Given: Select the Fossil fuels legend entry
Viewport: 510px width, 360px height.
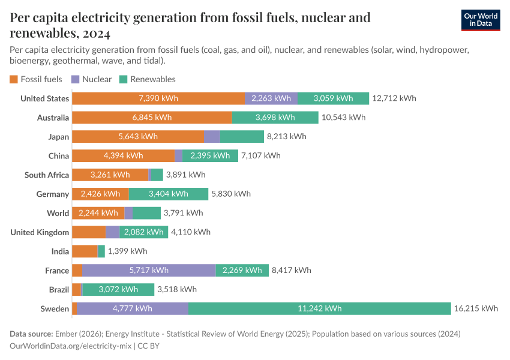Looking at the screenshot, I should (x=36, y=79).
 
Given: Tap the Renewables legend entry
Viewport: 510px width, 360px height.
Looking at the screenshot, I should (x=148, y=79).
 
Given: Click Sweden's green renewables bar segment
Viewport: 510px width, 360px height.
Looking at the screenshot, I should (x=319, y=308).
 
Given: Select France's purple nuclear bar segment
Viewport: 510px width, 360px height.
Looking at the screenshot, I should (x=149, y=271).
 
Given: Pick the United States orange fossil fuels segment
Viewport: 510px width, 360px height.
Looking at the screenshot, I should (x=158, y=98).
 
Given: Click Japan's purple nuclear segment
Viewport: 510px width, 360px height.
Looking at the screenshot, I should (x=212, y=137).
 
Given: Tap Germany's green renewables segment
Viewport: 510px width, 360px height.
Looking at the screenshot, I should (x=168, y=194).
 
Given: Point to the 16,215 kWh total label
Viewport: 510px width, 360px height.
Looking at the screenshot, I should (x=476, y=308).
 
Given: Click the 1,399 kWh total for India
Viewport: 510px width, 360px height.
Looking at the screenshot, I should (x=127, y=251).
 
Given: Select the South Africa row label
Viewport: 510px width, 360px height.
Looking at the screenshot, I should (x=47, y=175).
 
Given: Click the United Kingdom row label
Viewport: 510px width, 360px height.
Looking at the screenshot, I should (x=40, y=232).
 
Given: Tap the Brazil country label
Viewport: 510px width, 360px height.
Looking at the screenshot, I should (x=59, y=290).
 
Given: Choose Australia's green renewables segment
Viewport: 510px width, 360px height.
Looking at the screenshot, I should (x=275, y=118).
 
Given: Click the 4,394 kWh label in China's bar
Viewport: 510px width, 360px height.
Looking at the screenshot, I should (x=123, y=155).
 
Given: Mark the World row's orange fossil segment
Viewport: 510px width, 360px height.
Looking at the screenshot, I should (x=98, y=213).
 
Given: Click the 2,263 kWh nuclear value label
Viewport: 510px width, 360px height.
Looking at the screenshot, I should (x=271, y=98).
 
